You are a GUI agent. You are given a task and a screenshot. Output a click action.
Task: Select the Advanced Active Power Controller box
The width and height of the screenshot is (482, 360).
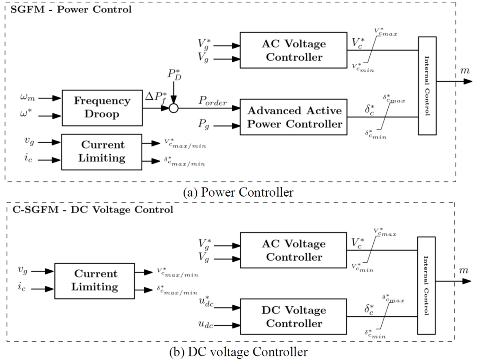pos(294,117)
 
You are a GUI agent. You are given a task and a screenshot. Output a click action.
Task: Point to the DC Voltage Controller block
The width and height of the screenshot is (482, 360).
pos(294,317)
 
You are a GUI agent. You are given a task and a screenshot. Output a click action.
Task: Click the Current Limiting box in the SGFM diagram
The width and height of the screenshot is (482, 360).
pos(102,152)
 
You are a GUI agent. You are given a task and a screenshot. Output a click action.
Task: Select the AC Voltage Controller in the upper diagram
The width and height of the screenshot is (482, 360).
pos(294,50)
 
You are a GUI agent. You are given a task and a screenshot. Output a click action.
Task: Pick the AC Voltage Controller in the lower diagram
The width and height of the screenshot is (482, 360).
pos(294,251)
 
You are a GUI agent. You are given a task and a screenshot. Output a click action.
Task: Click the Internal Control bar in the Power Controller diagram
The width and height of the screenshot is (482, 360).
pos(427,85)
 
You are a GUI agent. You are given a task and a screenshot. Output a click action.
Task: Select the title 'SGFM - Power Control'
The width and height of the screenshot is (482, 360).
pos(69,9)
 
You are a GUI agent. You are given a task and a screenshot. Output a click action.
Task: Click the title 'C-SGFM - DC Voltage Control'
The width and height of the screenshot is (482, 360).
pos(90,209)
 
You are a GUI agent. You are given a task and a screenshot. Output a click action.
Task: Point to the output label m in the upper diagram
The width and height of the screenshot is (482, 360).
pos(463,71)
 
